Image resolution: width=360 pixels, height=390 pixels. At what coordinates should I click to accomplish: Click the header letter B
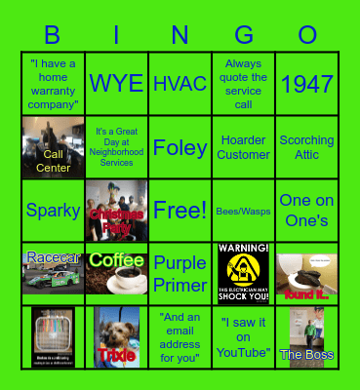(x=53, y=36)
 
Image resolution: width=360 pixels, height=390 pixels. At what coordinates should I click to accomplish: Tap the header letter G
(x=244, y=36)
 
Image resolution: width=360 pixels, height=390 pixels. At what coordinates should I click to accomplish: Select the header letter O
(x=307, y=36)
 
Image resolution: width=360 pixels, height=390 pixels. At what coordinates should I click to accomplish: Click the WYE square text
(x=116, y=84)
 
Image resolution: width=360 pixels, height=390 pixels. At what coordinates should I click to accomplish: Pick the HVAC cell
(x=180, y=84)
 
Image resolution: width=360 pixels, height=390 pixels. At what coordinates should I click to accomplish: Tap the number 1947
(x=307, y=84)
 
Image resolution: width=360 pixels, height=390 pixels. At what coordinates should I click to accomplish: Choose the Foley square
(x=180, y=147)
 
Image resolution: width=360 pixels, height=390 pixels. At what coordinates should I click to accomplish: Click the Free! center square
(x=180, y=210)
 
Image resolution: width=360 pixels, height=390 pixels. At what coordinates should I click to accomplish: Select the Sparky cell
(x=53, y=210)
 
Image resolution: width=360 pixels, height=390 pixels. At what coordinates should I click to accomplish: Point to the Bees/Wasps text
(x=244, y=210)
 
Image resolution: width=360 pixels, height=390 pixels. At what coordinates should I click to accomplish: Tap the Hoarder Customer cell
(x=244, y=147)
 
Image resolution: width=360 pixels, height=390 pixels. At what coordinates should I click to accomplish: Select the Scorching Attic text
(x=307, y=147)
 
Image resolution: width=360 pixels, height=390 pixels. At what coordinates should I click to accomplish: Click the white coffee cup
(x=123, y=280)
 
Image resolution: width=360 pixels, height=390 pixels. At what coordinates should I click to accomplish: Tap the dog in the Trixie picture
(x=116, y=331)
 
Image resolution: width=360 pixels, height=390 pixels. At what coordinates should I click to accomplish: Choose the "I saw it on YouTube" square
(x=244, y=336)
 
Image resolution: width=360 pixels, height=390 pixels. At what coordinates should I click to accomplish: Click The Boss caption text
(x=306, y=355)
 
